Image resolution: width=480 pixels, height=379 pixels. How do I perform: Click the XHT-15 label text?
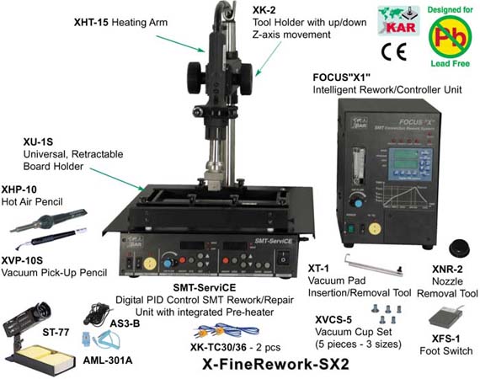point(93,16)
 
